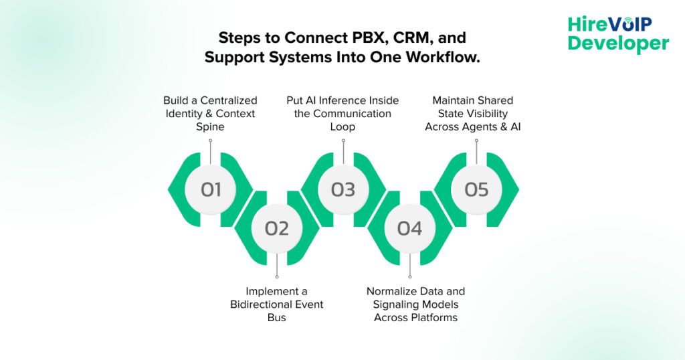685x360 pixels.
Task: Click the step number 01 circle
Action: pyautogui.click(x=211, y=189)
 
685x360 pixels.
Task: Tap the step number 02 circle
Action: pyautogui.click(x=277, y=228)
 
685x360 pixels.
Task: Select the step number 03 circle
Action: pyautogui.click(x=343, y=189)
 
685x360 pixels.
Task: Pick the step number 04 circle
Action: pyautogui.click(x=409, y=228)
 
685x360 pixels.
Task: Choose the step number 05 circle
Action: pyautogui.click(x=476, y=189)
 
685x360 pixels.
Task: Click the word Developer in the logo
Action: pyautogui.click(x=618, y=44)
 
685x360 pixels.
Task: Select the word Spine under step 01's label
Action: pyautogui.click(x=210, y=126)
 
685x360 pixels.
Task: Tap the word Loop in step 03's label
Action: pyautogui.click(x=342, y=126)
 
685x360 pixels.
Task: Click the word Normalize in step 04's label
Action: pyautogui.click(x=392, y=291)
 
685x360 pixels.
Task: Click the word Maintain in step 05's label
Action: pyautogui.click(x=454, y=100)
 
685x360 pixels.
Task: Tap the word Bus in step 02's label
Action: pyautogui.click(x=276, y=317)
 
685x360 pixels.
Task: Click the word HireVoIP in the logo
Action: pyautogui.click(x=609, y=25)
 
